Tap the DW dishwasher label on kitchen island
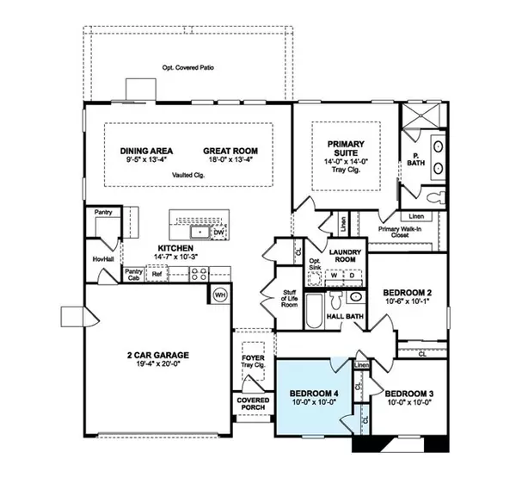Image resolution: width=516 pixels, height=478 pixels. tap(218, 231)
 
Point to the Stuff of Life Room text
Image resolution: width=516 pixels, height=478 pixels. tap(289, 299)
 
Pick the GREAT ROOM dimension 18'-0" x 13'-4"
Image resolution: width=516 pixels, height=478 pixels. tap(231, 159)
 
